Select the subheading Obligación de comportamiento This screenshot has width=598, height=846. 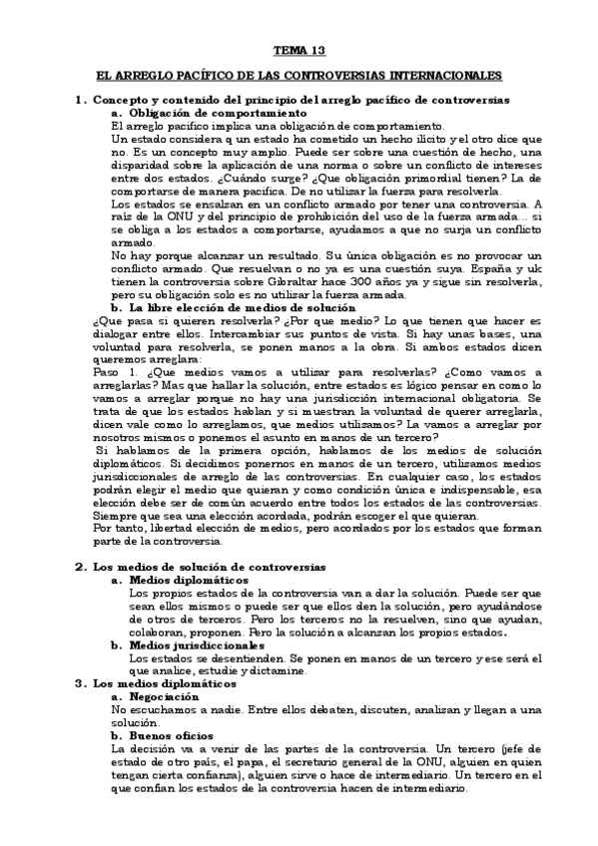tap(197, 113)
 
